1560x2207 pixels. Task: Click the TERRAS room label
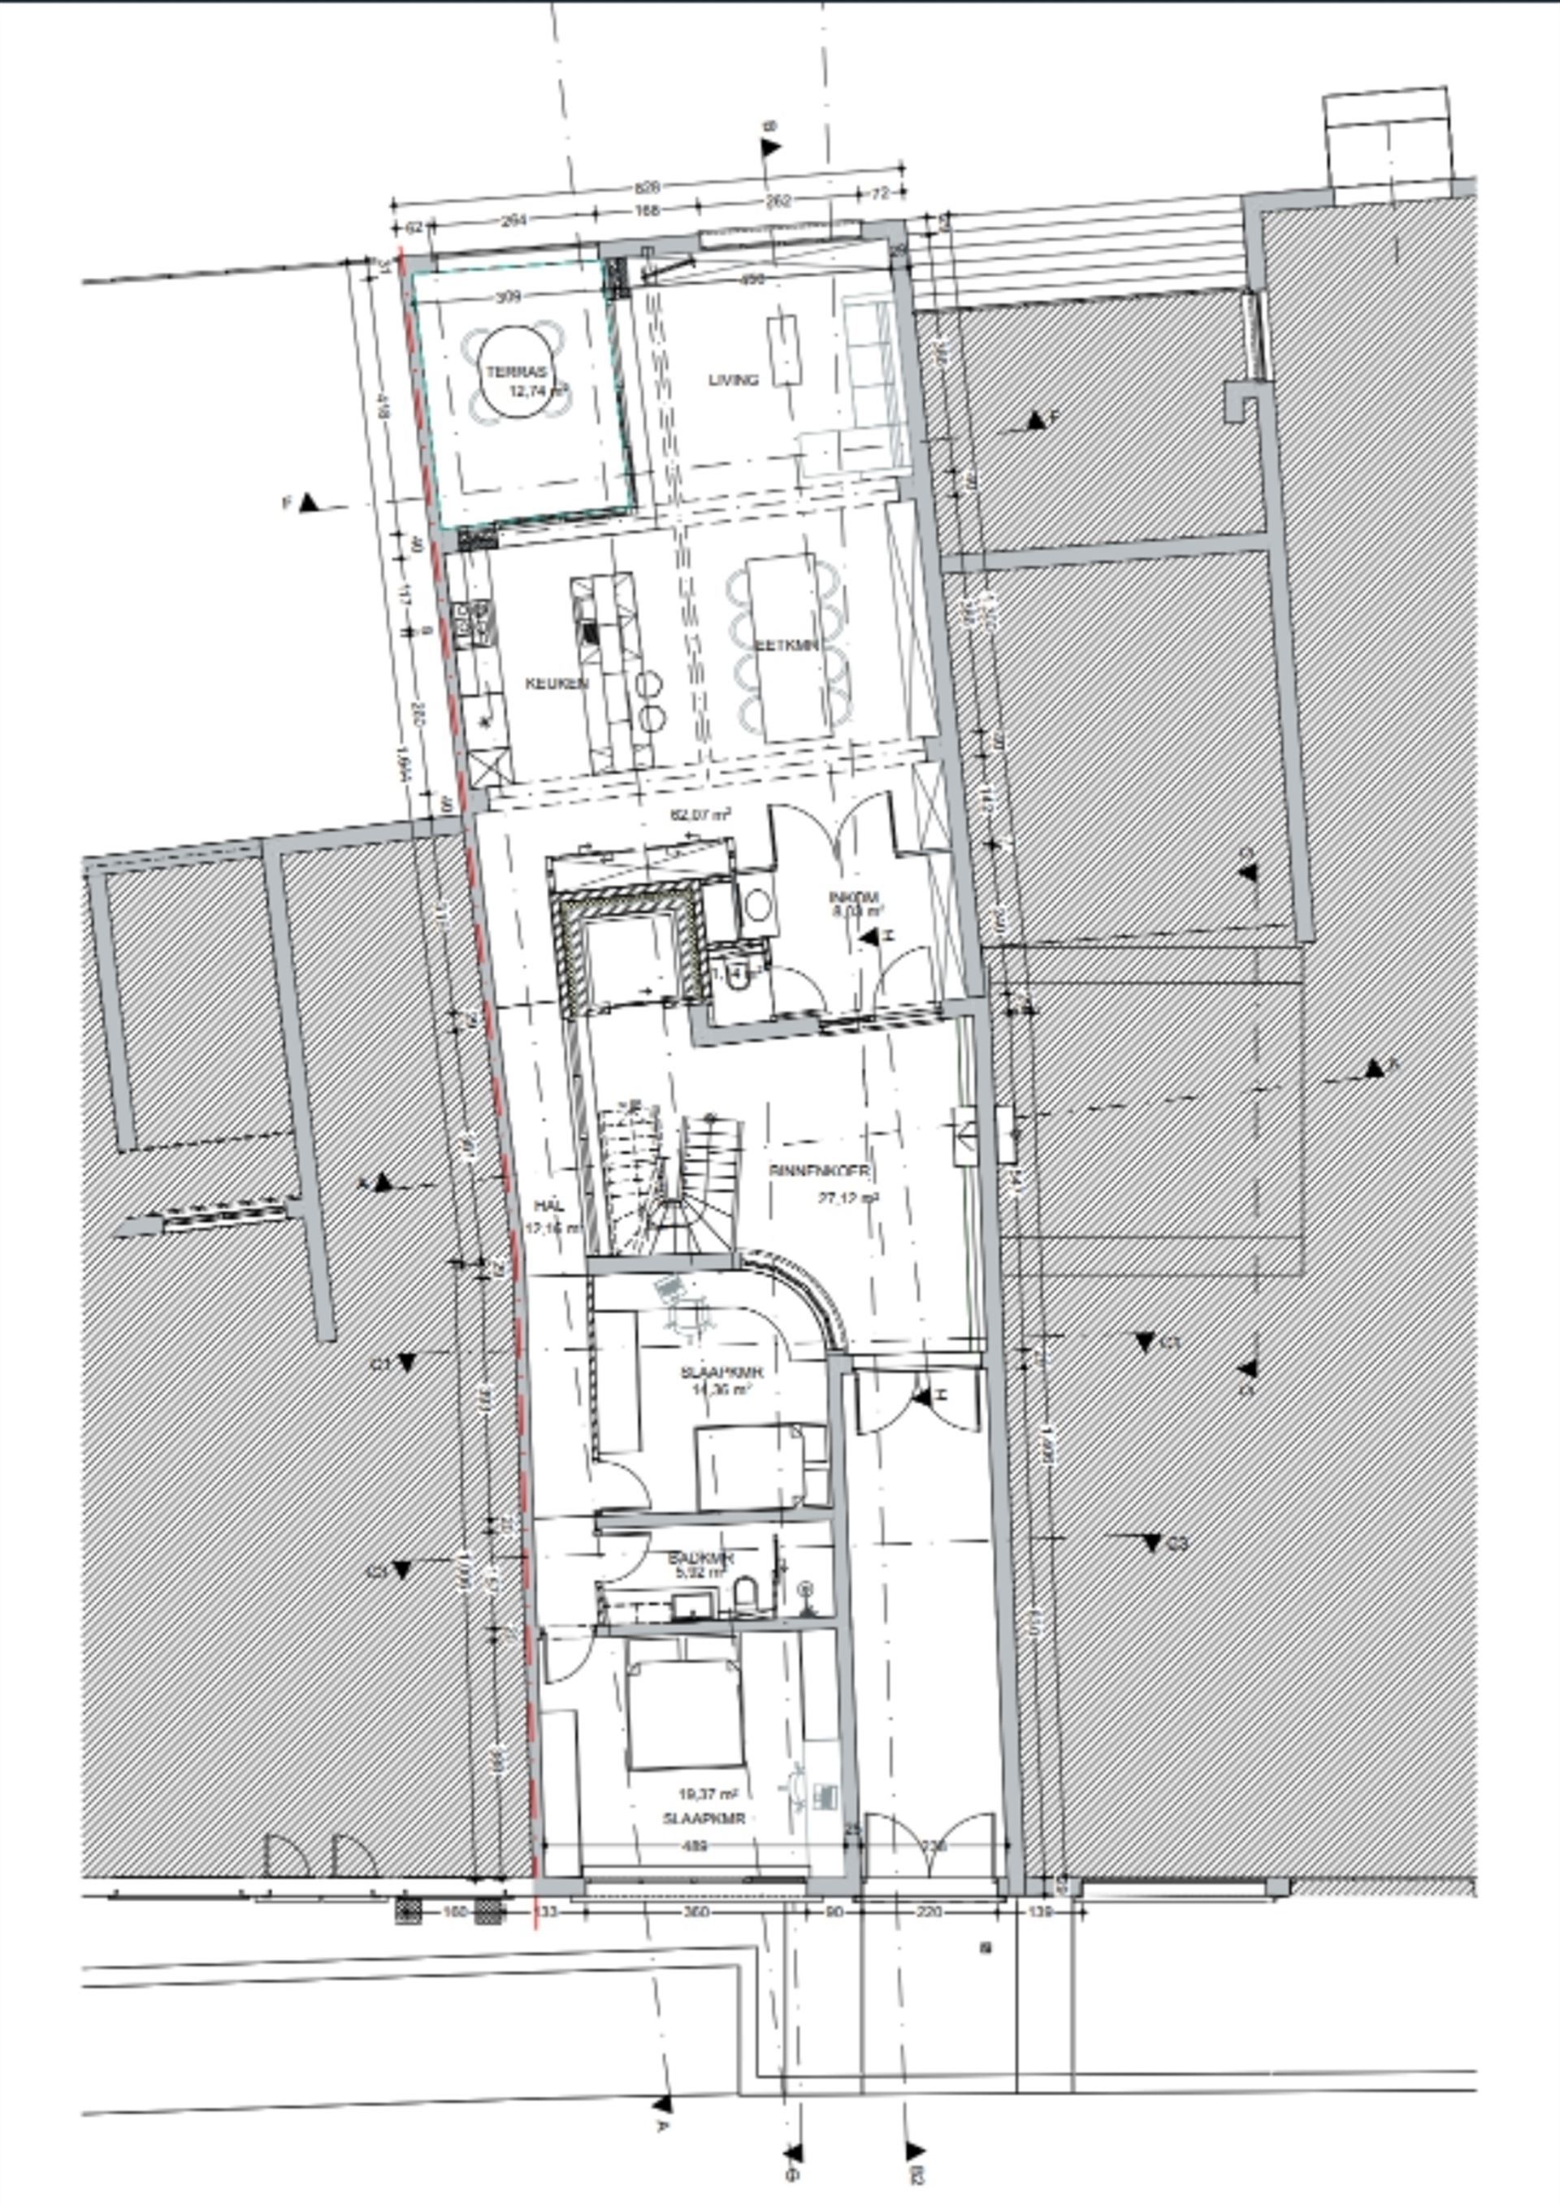click(516, 372)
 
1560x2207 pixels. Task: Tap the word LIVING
click(734, 379)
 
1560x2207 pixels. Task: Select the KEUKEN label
click(557, 683)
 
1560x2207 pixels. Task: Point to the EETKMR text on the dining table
click(786, 645)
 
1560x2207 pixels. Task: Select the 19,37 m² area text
click(708, 1793)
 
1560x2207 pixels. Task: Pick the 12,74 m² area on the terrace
click(538, 390)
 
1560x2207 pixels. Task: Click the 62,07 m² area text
click(700, 814)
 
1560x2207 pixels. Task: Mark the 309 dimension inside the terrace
click(508, 297)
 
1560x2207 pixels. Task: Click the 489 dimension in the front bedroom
click(695, 1845)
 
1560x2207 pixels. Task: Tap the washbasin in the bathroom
click(693, 1603)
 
